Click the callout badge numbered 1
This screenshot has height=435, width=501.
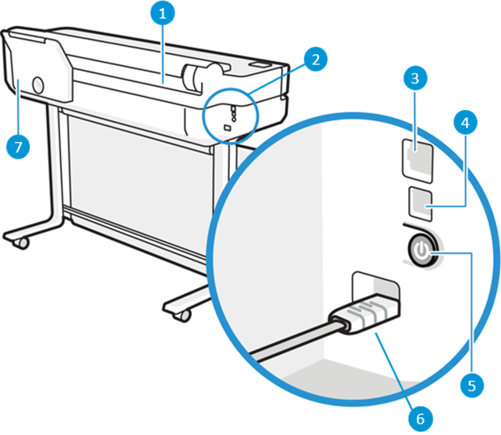click(x=164, y=13)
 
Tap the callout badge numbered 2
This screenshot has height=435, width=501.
click(x=315, y=59)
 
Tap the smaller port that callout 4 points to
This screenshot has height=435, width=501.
click(x=418, y=200)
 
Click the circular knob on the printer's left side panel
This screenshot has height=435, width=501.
click(x=38, y=83)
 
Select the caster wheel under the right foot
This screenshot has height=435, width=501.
click(x=180, y=315)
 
